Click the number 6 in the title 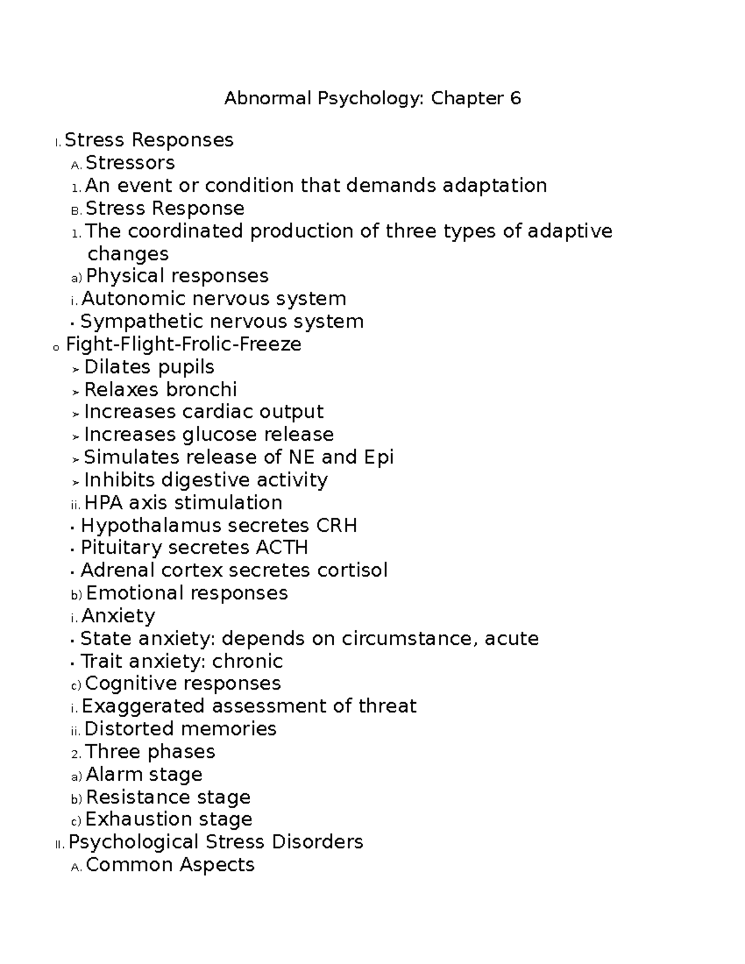(515, 99)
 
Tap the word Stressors (130, 163)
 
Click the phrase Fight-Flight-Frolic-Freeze (184, 344)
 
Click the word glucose (220, 435)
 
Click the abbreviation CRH (336, 526)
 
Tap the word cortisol (352, 570)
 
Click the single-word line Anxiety (119, 616)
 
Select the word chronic (248, 661)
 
